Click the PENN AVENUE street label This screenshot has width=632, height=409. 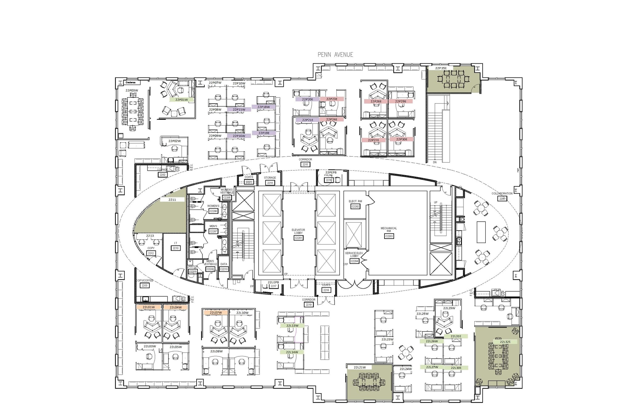pyautogui.click(x=335, y=55)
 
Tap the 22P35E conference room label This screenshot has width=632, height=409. pyautogui.click(x=441, y=68)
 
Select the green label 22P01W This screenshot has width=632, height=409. pyautogui.click(x=181, y=100)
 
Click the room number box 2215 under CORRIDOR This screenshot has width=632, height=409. pyautogui.click(x=305, y=165)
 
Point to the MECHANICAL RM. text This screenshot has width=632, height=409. pyautogui.click(x=389, y=230)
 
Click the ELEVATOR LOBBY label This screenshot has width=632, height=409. pyautogui.click(x=298, y=231)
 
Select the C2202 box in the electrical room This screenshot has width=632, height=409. pyautogui.click(x=355, y=206)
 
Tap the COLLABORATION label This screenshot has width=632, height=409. pyautogui.click(x=502, y=194)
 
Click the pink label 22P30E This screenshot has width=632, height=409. pyautogui.click(x=401, y=139)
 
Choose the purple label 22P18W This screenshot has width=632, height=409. pyautogui.click(x=264, y=107)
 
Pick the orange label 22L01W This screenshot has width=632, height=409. pyautogui.click(x=149, y=307)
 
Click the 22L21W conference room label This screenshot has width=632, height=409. pyautogui.click(x=360, y=367)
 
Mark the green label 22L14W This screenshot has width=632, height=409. pyautogui.click(x=292, y=352)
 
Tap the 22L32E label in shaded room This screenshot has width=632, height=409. pyautogui.click(x=505, y=342)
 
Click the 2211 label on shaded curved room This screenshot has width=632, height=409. pyautogui.click(x=172, y=200)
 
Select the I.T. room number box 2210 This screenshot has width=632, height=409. pyautogui.click(x=176, y=248)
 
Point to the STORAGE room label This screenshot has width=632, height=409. pyautogui.click(x=270, y=178)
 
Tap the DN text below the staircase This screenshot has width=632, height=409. pyautogui.click(x=435, y=162)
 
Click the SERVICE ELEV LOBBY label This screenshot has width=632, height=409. pyautogui.click(x=354, y=254)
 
